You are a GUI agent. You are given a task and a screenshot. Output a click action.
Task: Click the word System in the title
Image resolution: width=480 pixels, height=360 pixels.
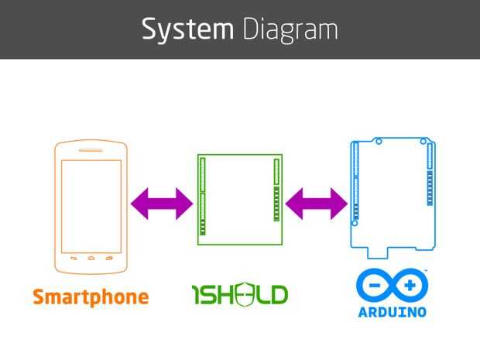point(187,29)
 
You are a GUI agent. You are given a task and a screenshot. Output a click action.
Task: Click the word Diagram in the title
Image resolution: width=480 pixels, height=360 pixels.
point(290,29)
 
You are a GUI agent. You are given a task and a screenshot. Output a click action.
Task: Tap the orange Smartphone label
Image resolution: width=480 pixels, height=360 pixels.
point(91,297)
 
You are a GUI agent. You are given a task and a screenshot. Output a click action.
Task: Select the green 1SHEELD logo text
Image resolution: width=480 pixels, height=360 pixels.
point(239,294)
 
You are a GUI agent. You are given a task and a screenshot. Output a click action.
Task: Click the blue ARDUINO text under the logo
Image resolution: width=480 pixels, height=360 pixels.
point(392,313)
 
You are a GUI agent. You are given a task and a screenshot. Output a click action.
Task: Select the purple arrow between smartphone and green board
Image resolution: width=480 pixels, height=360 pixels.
point(161,204)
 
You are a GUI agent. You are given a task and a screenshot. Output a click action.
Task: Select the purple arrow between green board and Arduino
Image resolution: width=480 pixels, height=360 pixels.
point(316,204)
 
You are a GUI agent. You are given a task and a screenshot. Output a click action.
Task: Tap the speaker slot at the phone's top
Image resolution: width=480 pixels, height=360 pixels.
point(91,150)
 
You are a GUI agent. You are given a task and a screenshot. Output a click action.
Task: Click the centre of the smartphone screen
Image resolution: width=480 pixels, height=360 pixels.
point(91,206)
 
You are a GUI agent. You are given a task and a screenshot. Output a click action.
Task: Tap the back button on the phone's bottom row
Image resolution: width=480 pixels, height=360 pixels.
point(74,258)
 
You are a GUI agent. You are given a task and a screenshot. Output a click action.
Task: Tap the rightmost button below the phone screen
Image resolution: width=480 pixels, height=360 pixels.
point(109,258)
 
